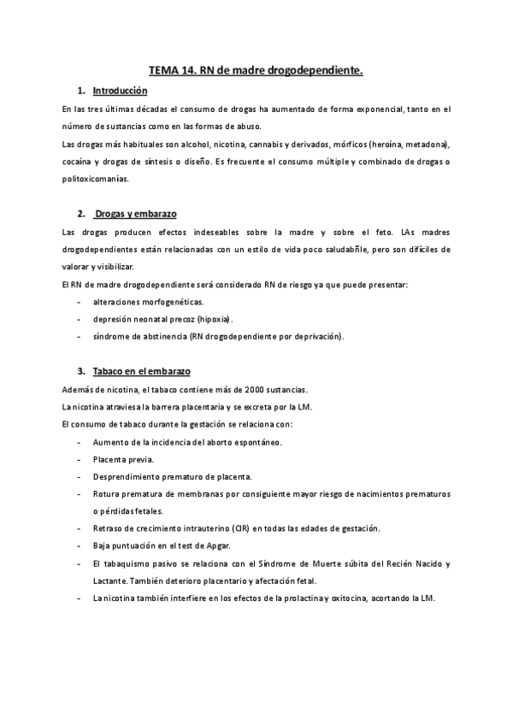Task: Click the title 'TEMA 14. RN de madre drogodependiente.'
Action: coord(256,73)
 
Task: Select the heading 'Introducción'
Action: coord(120,91)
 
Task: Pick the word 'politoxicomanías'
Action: coord(96,180)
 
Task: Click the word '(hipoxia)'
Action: coord(198,319)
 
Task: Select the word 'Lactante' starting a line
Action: coord(110,581)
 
